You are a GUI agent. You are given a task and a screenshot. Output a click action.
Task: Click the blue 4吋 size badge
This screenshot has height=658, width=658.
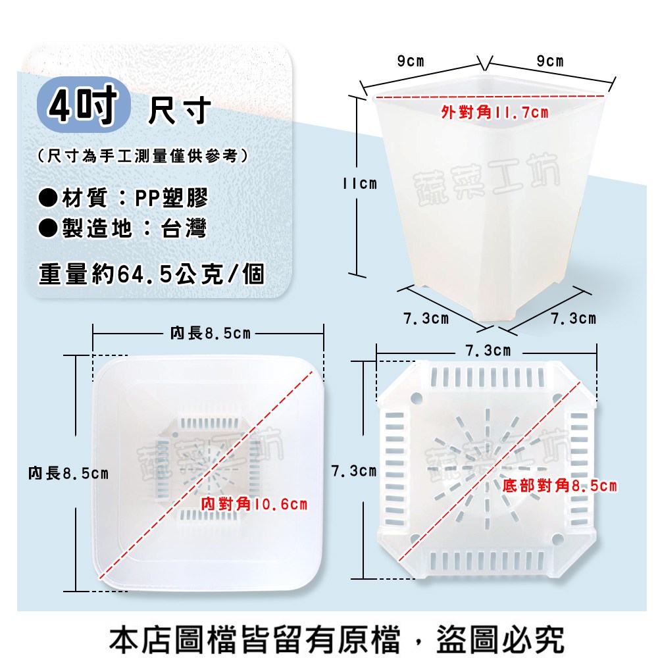click(x=84, y=105)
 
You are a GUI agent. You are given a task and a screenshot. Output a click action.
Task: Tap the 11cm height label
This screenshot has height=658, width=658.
click(x=360, y=184)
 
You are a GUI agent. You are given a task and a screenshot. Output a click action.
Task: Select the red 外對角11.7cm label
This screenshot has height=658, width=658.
click(x=495, y=113)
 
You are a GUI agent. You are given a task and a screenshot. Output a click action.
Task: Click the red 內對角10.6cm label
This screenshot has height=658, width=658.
click(x=254, y=504)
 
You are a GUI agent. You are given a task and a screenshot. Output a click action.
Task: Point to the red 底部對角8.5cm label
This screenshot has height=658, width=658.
click(x=560, y=486)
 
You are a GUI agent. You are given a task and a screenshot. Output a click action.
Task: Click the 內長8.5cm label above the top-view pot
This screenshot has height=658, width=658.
click(x=211, y=334)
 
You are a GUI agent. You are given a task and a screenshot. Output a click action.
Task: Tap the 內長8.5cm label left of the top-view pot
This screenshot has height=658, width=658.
click(x=68, y=474)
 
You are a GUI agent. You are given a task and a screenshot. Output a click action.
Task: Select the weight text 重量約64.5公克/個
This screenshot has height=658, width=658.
click(x=151, y=274)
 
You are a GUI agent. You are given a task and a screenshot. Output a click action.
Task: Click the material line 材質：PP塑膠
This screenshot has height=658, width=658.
click(x=124, y=197)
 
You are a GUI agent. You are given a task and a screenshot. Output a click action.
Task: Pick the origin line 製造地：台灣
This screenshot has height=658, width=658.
click(x=122, y=229)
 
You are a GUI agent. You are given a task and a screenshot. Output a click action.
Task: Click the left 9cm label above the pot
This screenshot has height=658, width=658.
click(x=411, y=61)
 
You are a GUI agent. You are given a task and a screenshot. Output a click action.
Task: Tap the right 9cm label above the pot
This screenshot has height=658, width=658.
click(x=550, y=61)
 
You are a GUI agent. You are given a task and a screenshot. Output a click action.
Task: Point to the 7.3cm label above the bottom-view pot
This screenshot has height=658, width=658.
click(x=488, y=351)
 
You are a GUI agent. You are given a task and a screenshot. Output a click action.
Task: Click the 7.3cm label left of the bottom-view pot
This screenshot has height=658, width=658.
click(x=354, y=471)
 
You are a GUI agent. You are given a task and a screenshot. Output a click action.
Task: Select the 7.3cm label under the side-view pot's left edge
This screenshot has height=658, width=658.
click(x=426, y=318)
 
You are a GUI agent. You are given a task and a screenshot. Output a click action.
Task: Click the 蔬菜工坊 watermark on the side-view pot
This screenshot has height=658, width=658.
click(x=487, y=178)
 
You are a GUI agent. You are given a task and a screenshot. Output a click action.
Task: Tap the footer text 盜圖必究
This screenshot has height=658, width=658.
click(x=500, y=639)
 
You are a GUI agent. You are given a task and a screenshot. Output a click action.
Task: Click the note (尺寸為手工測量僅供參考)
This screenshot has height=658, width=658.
click(x=143, y=156)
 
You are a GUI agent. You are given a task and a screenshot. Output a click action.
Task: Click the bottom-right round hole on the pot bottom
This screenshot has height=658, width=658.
click(x=557, y=539)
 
